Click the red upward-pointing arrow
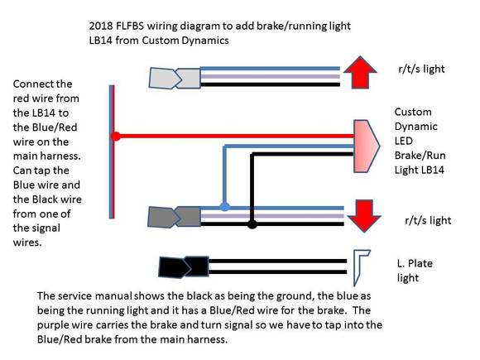(360, 72)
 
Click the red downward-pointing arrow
(364, 216)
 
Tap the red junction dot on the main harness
(115, 136)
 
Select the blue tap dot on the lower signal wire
(225, 207)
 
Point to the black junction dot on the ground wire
(252, 223)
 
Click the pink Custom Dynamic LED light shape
(367, 146)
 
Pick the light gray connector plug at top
(175, 79)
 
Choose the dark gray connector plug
(174, 217)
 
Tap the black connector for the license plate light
(184, 267)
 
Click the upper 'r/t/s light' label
(421, 70)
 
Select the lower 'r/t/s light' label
(428, 220)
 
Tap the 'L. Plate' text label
(415, 263)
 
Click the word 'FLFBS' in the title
(130, 26)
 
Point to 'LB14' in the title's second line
(100, 41)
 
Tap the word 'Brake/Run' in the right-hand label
(420, 156)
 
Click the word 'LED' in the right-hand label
(404, 142)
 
